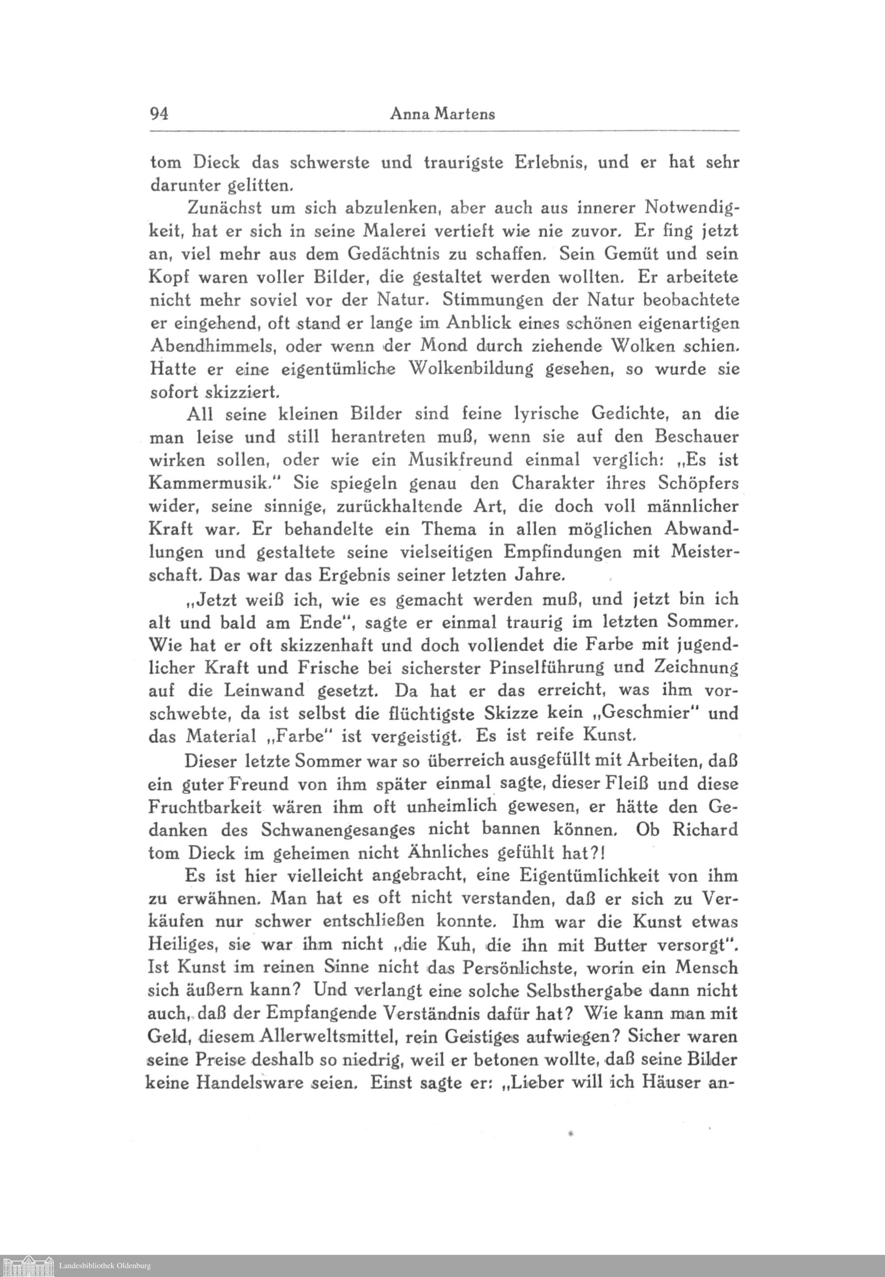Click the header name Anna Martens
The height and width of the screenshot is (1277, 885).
point(442,114)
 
